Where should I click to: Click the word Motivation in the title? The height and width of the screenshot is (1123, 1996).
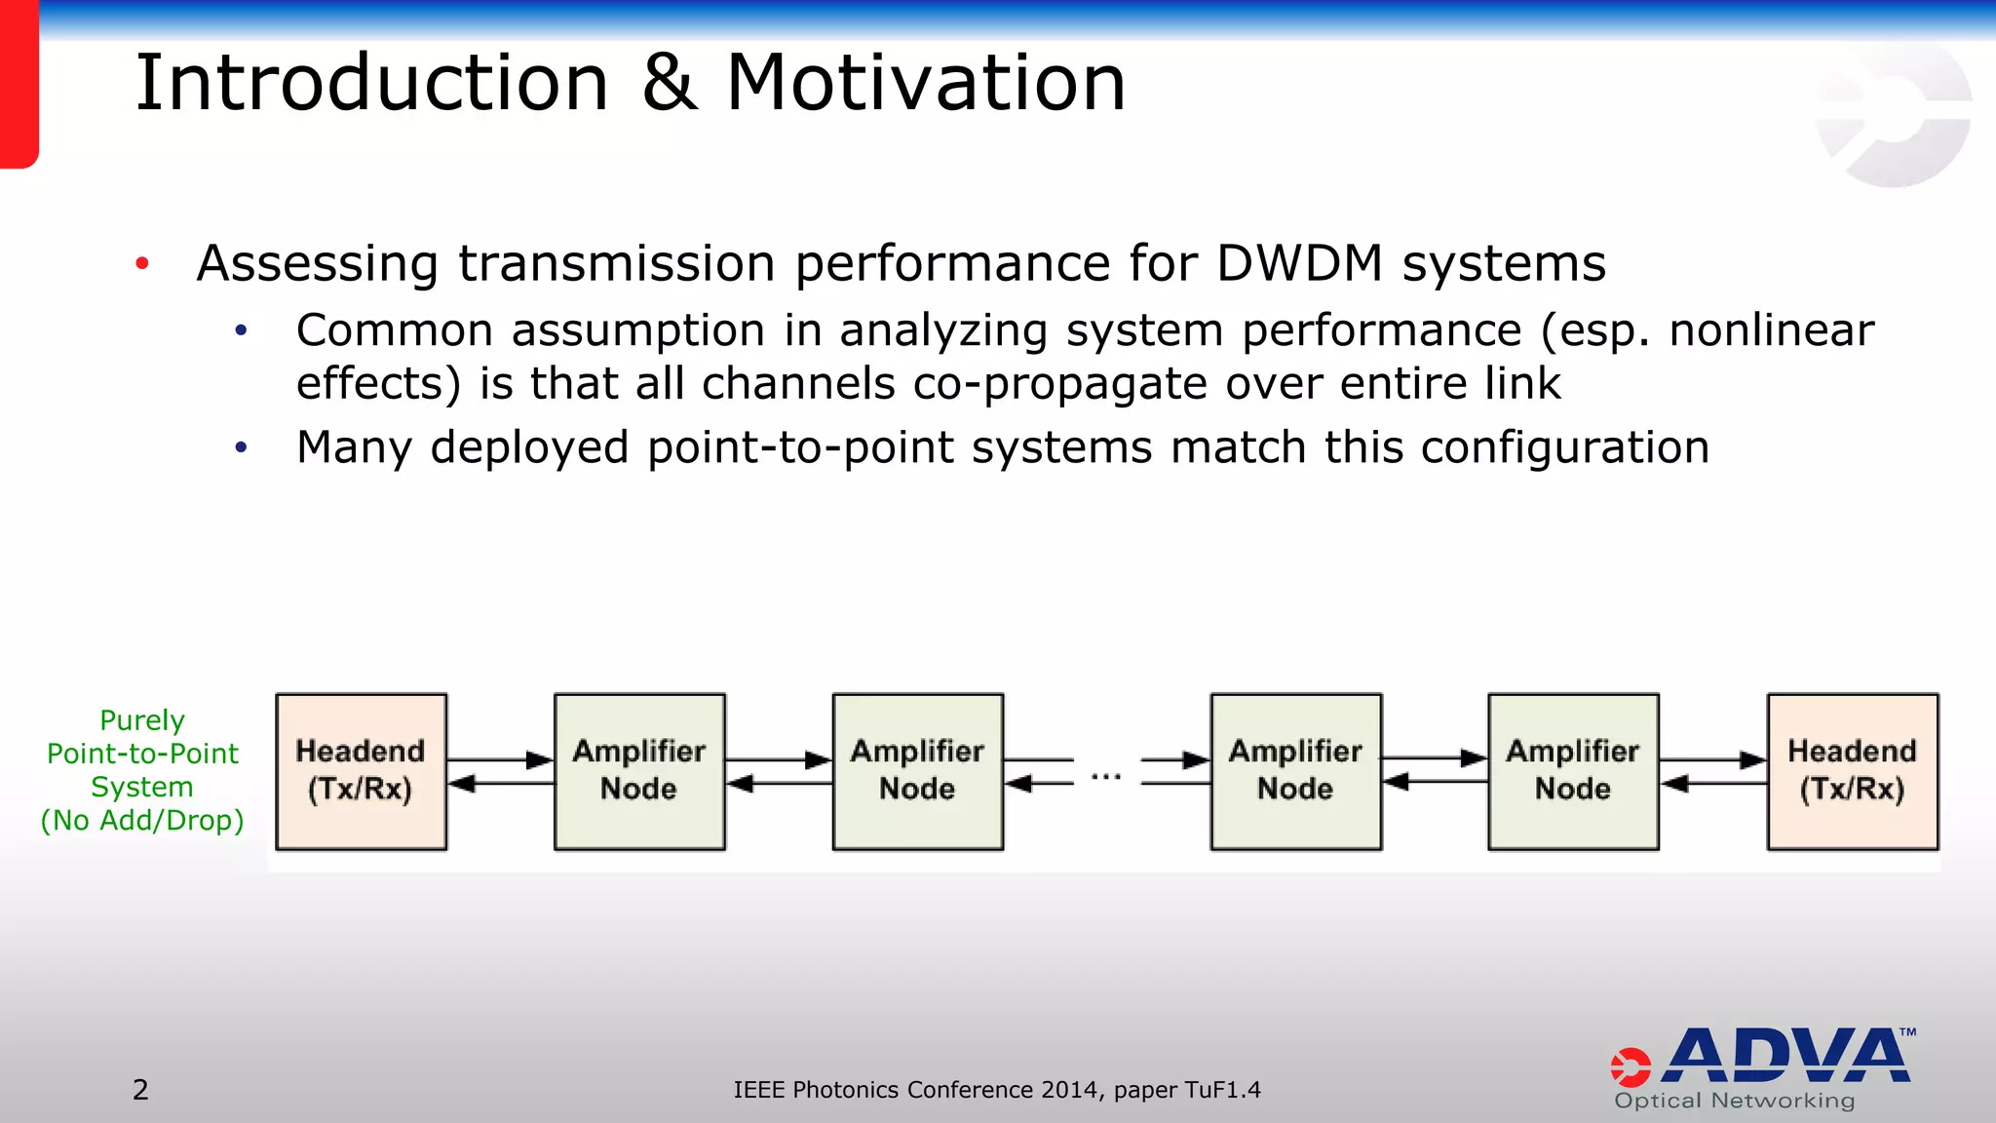click(x=926, y=84)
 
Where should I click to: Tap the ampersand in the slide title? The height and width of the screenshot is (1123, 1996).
click(x=669, y=84)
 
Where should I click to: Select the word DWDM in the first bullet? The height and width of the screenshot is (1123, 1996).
click(x=1299, y=263)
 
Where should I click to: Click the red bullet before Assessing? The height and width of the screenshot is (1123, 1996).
click(x=142, y=263)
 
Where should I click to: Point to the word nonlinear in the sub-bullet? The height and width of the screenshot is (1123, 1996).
click(x=1771, y=330)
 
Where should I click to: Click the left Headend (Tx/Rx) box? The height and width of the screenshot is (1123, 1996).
click(x=361, y=771)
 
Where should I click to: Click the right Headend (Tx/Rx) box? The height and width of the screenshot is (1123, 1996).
click(x=1852, y=771)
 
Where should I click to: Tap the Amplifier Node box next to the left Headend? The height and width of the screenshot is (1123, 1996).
click(x=639, y=771)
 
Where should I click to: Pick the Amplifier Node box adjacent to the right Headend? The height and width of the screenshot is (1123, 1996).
click(x=1573, y=771)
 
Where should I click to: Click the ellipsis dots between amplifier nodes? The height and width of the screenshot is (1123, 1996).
click(x=1106, y=777)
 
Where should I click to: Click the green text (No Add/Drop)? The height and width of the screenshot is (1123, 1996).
click(x=142, y=821)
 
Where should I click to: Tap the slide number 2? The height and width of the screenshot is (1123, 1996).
click(x=140, y=1090)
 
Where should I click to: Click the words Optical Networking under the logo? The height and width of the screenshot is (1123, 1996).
click(x=1734, y=1101)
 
